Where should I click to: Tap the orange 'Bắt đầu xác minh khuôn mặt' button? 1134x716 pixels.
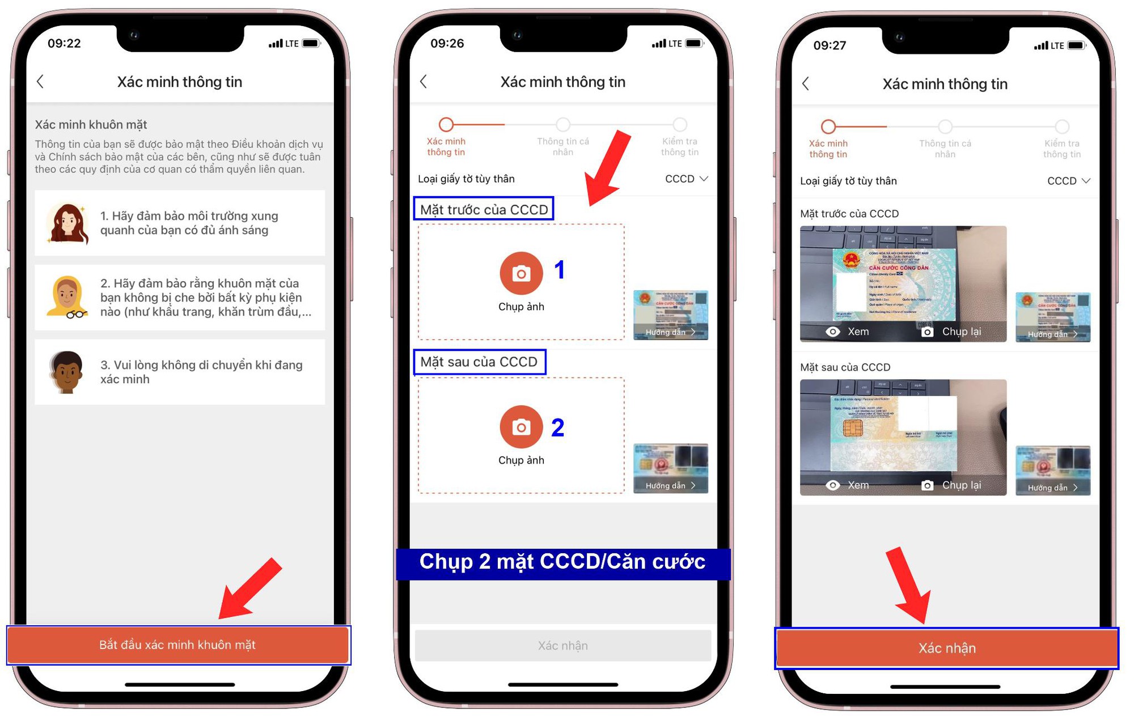[178, 645]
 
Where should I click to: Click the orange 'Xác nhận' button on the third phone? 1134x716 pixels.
[946, 648]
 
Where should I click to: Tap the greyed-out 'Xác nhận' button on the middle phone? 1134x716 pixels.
[562, 645]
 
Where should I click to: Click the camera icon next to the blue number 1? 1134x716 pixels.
[521, 274]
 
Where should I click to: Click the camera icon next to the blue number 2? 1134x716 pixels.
[521, 427]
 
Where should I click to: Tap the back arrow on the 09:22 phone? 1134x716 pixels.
[40, 82]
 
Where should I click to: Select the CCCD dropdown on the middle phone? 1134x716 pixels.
[686, 179]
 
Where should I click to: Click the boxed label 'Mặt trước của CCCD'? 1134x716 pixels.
[484, 209]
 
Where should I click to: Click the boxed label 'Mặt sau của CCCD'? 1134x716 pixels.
[479, 362]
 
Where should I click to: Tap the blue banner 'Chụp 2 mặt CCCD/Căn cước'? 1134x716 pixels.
[562, 562]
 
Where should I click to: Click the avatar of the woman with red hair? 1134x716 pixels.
[67, 223]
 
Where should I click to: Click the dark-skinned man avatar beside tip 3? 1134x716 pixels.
[66, 372]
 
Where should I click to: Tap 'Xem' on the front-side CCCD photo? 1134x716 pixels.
[848, 332]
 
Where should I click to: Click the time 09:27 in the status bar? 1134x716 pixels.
[830, 45]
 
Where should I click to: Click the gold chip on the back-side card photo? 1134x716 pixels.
[852, 427]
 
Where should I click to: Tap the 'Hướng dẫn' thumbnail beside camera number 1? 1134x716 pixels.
[670, 315]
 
